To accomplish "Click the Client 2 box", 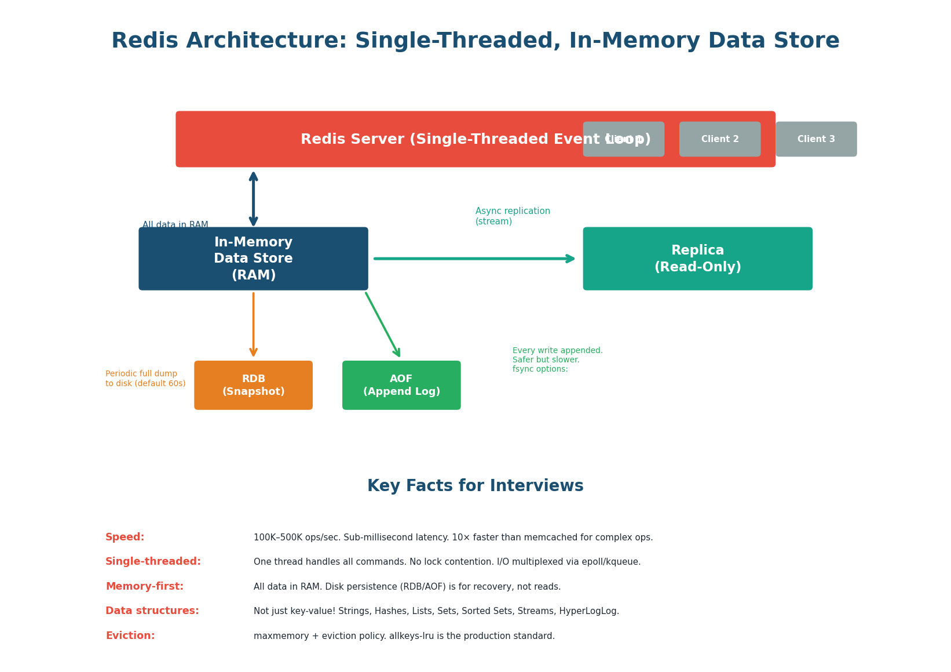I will (x=719, y=139).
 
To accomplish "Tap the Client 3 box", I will (x=815, y=139).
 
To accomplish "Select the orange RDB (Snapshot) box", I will (x=253, y=385).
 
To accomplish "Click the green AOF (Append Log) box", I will (x=401, y=385).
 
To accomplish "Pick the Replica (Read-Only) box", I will (x=697, y=259).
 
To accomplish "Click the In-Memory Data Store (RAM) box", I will (x=253, y=259).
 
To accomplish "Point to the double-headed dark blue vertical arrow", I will (x=253, y=198).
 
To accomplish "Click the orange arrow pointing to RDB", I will (x=253, y=325).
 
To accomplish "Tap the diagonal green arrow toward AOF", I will (x=383, y=325).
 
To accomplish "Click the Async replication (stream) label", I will (x=512, y=216).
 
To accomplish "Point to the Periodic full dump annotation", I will (x=145, y=379).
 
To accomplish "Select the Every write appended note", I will (x=557, y=359).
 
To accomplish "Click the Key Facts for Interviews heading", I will (x=475, y=486).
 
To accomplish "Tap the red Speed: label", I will (x=125, y=537).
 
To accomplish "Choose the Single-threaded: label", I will (x=153, y=562).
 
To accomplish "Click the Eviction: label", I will (x=130, y=636).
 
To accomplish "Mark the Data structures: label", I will (x=152, y=611).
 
